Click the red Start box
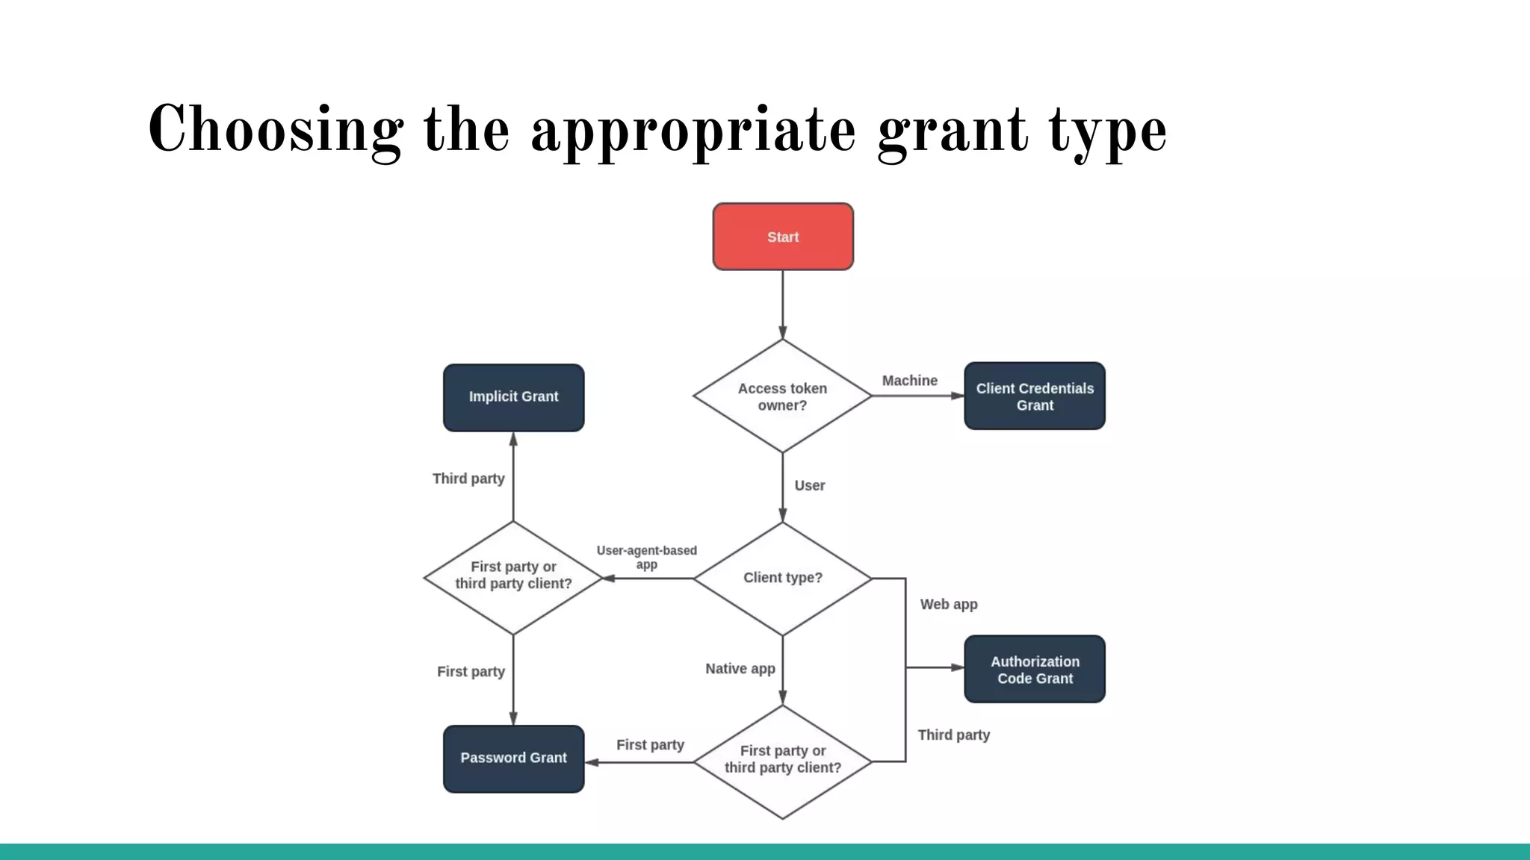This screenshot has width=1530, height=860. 783,237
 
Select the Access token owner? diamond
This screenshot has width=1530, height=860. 782,396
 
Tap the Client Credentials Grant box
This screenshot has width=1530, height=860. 1035,396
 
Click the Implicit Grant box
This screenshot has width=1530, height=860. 513,397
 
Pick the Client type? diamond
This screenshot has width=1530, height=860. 782,578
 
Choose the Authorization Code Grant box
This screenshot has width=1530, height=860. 1035,670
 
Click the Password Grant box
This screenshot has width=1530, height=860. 513,758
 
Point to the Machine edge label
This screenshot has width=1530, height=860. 909,381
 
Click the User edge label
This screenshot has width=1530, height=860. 810,486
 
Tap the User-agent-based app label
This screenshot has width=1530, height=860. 646,558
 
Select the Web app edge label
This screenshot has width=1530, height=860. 949,605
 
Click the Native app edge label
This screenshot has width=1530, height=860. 740,669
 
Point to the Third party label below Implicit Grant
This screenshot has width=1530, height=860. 468,479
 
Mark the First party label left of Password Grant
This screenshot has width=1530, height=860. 471,672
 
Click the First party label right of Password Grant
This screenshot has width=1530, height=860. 650,745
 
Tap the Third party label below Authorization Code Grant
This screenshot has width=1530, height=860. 953,735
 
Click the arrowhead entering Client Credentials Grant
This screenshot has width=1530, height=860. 957,396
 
